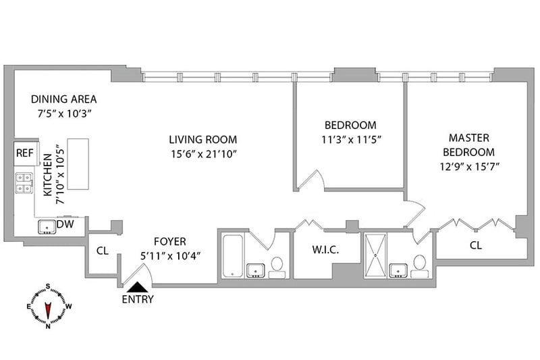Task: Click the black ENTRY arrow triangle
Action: (138, 287)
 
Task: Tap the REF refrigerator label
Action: (25, 153)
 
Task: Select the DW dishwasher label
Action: (65, 224)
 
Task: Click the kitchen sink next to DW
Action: (47, 228)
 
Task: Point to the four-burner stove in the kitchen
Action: (24, 183)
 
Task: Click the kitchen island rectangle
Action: (78, 164)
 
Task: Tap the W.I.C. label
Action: (325, 250)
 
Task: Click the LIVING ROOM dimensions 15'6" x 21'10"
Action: (204, 154)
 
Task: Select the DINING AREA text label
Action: (63, 99)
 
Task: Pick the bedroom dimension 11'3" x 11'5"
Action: (351, 140)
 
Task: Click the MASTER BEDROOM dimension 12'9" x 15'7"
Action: (470, 167)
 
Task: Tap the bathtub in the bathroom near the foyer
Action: (233, 255)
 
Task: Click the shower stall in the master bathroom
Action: (375, 255)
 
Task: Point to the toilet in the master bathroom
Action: (419, 266)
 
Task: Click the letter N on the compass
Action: (48, 326)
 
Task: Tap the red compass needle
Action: (48, 310)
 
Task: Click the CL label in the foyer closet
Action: (103, 251)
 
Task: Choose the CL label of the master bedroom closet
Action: (476, 245)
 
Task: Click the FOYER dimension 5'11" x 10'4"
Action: (171, 256)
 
